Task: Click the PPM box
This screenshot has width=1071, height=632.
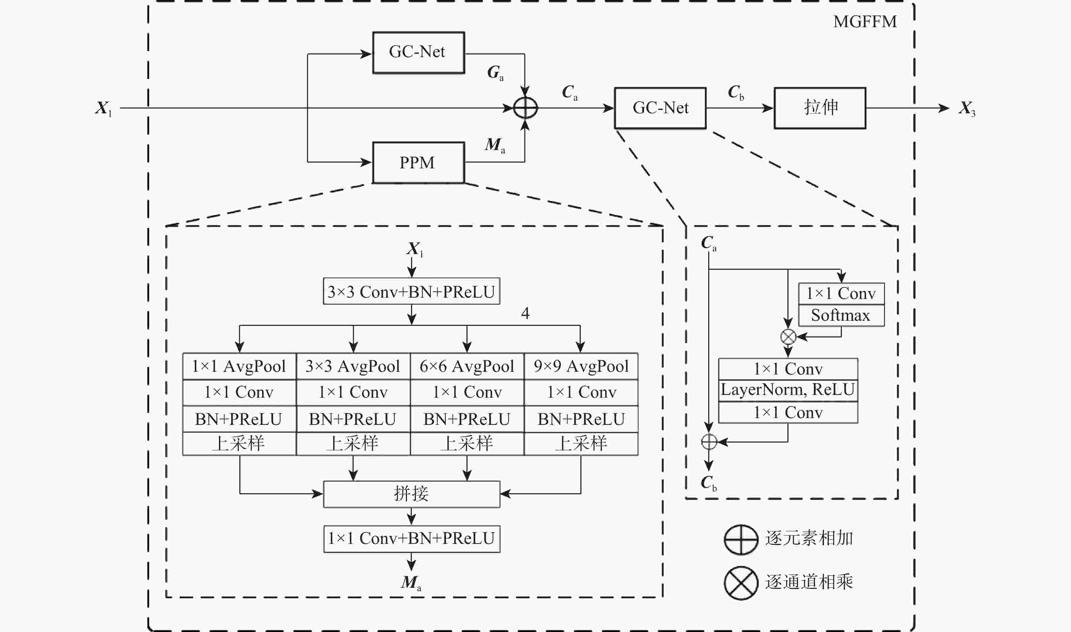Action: click(418, 163)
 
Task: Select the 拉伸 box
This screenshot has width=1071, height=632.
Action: click(819, 108)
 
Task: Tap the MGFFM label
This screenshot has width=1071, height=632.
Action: click(865, 22)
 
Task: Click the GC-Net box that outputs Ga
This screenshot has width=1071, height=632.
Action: click(418, 52)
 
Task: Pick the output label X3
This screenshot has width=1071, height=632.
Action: click(966, 108)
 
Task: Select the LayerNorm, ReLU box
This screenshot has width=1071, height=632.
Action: click(787, 390)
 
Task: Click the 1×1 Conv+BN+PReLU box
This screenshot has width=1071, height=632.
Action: click(411, 539)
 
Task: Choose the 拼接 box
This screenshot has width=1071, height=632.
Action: click(411, 494)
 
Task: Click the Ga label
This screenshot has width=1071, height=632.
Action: click(495, 72)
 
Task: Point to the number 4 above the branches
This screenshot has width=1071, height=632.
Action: click(525, 313)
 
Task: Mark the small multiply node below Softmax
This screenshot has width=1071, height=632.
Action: click(788, 337)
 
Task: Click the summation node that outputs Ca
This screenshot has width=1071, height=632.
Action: click(525, 108)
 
